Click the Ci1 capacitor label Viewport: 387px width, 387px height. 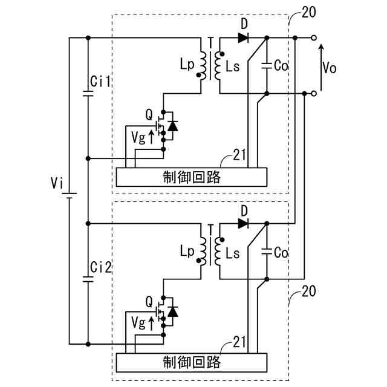click(100, 82)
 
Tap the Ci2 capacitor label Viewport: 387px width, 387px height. click(101, 267)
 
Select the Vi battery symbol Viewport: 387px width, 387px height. click(70, 196)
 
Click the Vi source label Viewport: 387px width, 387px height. click(57, 183)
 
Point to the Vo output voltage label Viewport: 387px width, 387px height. click(330, 67)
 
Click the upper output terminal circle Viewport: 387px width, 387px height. click(313, 37)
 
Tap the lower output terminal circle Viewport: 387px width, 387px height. click(313, 94)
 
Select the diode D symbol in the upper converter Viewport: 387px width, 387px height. click(243, 37)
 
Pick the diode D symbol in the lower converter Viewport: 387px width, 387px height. click(243, 224)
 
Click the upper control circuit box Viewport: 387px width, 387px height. click(192, 177)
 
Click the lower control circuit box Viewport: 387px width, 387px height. click(192, 363)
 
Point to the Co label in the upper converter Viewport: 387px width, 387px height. click(281, 66)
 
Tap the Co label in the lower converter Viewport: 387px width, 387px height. click(281, 253)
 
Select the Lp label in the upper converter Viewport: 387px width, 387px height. click(187, 65)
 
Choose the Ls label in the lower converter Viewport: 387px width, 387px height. click(232, 253)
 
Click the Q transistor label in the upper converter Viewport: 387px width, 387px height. click(149, 114)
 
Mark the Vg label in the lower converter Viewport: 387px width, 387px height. click(138, 323)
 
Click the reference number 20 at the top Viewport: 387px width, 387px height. click(308, 12)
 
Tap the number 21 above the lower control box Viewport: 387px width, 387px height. click(239, 342)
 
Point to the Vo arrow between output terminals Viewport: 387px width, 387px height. click(321, 67)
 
